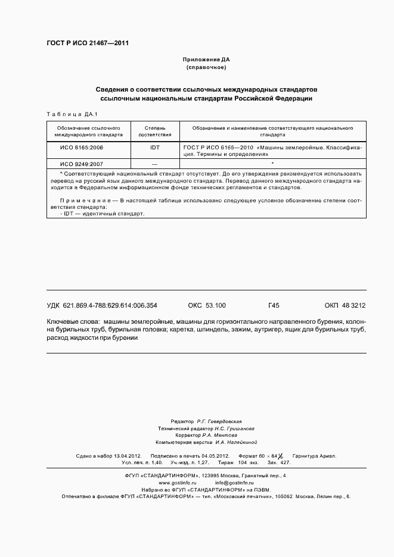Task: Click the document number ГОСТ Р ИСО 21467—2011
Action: point(88,43)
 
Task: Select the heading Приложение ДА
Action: point(206,60)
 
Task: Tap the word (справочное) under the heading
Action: point(206,68)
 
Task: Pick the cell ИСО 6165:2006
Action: point(82,146)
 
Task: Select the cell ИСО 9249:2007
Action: point(82,163)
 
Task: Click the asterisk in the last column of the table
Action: point(272,163)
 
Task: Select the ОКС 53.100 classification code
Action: point(207,305)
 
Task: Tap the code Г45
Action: point(274,305)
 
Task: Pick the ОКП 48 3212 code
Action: point(345,305)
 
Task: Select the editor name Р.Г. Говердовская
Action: point(219,421)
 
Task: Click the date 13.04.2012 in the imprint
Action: point(125,456)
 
